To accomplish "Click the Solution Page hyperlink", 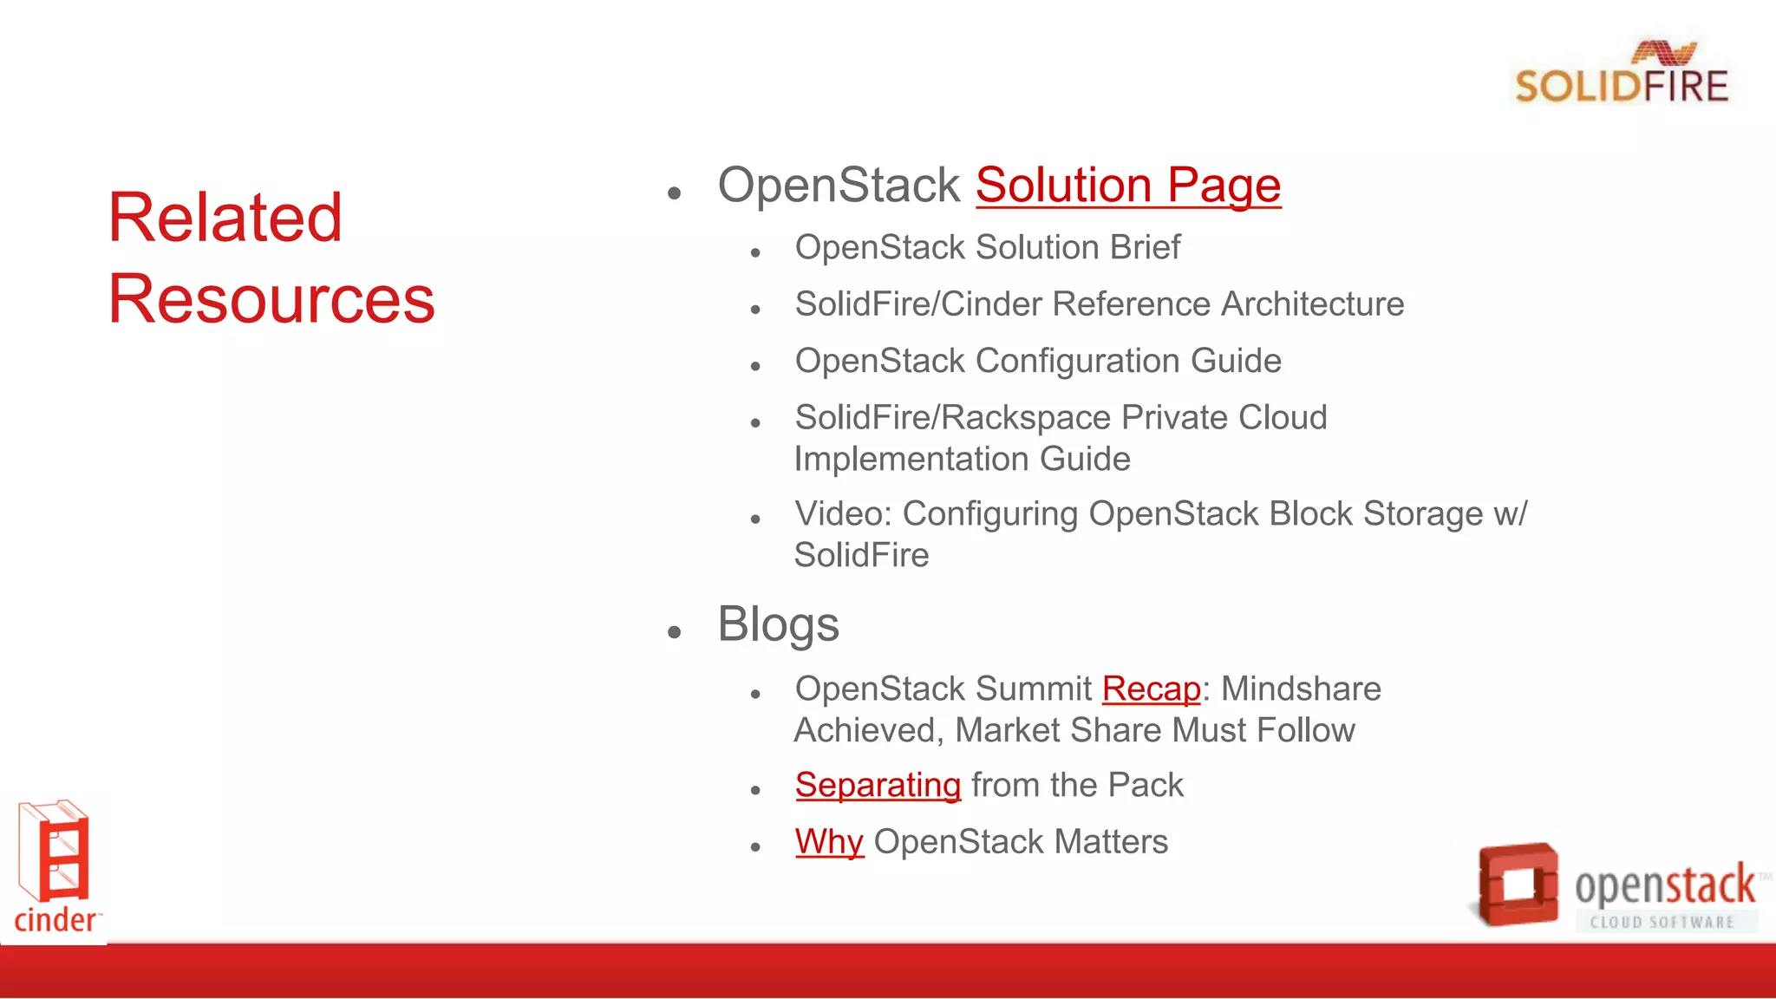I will tap(1127, 186).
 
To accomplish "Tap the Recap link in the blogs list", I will tap(1151, 689).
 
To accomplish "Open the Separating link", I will tap(878, 785).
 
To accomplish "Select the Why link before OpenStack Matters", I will tap(829, 842).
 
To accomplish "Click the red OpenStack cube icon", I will tap(1518, 885).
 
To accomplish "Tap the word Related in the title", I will tap(225, 218).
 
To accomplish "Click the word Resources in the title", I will tap(271, 299).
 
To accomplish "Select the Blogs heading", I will tap(778, 624).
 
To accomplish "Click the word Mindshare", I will tap(1301, 689).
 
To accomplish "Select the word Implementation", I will tap(912, 460).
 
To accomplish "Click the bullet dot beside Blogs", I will tap(675, 632).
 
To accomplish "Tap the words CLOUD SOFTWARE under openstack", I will tap(1662, 922).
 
